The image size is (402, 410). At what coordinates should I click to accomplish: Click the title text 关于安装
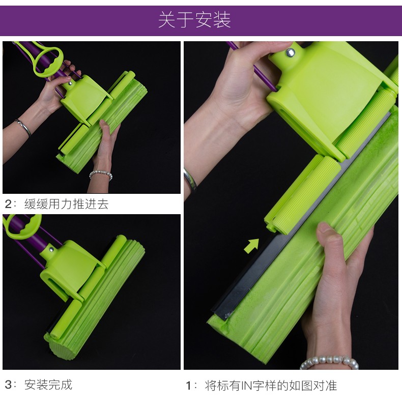tap(194, 20)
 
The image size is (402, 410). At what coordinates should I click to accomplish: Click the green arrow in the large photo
tap(251, 246)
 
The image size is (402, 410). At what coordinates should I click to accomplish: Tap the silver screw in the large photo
tap(291, 52)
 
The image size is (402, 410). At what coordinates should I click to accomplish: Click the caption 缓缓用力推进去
tap(67, 204)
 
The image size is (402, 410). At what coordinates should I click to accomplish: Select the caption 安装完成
tap(48, 385)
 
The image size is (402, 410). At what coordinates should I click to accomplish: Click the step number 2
tap(8, 204)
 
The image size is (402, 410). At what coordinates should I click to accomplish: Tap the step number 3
tap(8, 385)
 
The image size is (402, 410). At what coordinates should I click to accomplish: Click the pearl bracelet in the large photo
tap(329, 362)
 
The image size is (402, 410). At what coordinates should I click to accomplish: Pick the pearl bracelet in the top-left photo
tap(101, 174)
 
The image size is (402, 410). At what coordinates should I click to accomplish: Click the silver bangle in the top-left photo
tap(23, 127)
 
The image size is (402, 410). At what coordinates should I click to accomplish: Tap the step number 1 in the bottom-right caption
tap(189, 386)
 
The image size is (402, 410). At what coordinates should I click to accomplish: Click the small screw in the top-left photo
tap(70, 83)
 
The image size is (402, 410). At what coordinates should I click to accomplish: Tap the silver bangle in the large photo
tap(190, 179)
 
